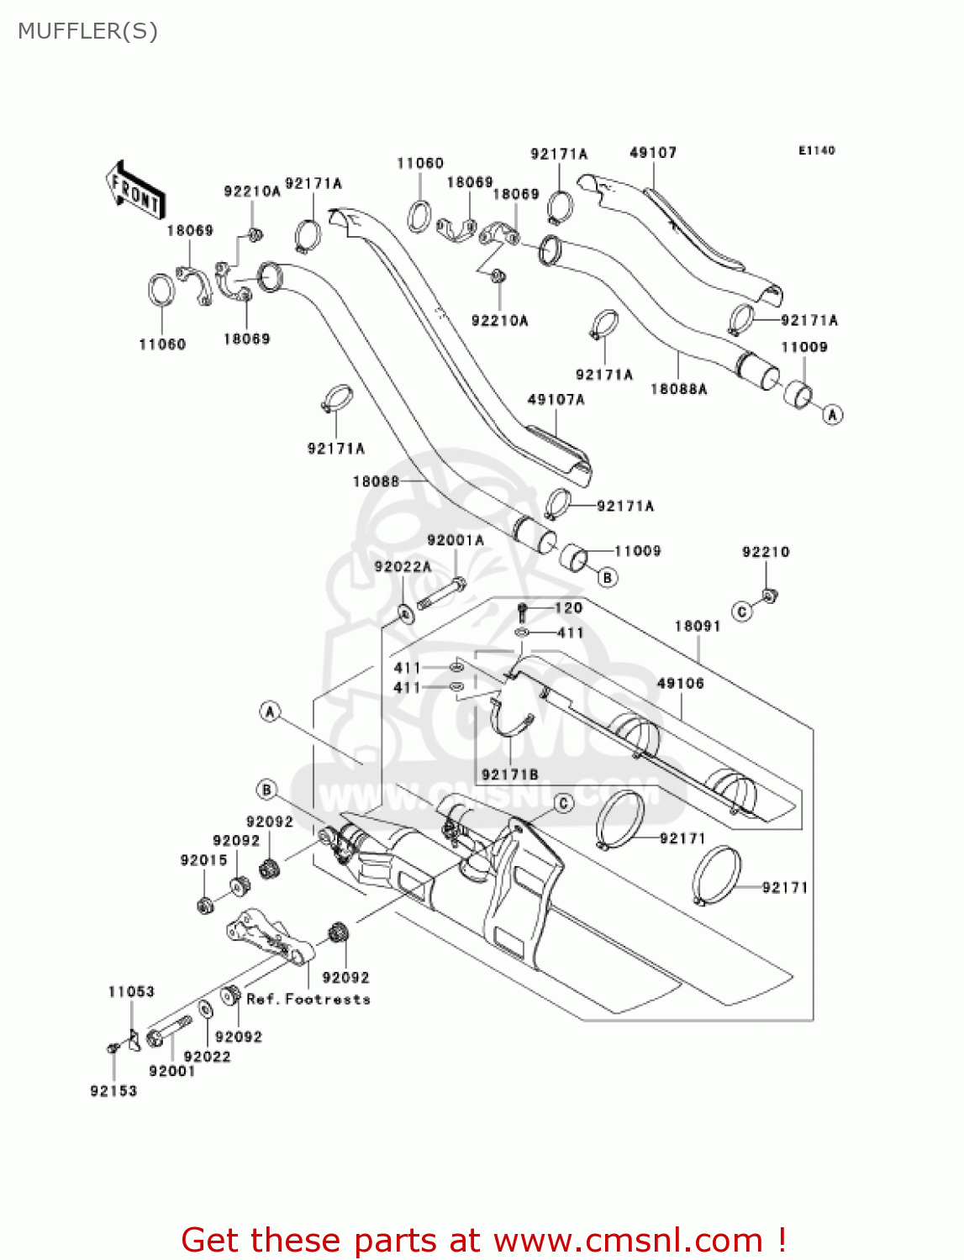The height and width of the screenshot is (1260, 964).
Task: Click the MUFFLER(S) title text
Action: [87, 31]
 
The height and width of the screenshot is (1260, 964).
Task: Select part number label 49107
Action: [653, 153]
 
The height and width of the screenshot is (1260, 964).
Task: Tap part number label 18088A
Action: [679, 389]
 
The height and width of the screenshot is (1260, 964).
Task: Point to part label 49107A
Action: [556, 400]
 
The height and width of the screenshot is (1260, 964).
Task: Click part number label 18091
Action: [698, 626]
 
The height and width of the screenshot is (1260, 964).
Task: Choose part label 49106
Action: [680, 684]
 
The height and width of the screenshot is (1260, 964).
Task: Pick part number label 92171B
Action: [509, 774]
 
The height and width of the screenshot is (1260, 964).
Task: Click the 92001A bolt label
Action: [455, 541]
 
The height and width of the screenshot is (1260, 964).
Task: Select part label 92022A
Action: [403, 567]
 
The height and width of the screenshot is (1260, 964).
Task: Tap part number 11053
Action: [131, 992]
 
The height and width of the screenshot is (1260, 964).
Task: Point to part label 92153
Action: [113, 1091]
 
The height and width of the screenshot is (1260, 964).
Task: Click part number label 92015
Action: [203, 860]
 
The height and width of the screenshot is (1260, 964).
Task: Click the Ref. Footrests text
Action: [308, 1000]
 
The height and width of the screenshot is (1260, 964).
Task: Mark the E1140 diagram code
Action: [816, 151]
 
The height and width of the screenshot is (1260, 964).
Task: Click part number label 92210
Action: [766, 552]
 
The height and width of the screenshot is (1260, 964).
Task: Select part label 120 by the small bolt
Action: [569, 607]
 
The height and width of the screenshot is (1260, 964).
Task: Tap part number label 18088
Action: [376, 481]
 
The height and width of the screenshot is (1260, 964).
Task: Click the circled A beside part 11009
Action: [832, 414]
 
